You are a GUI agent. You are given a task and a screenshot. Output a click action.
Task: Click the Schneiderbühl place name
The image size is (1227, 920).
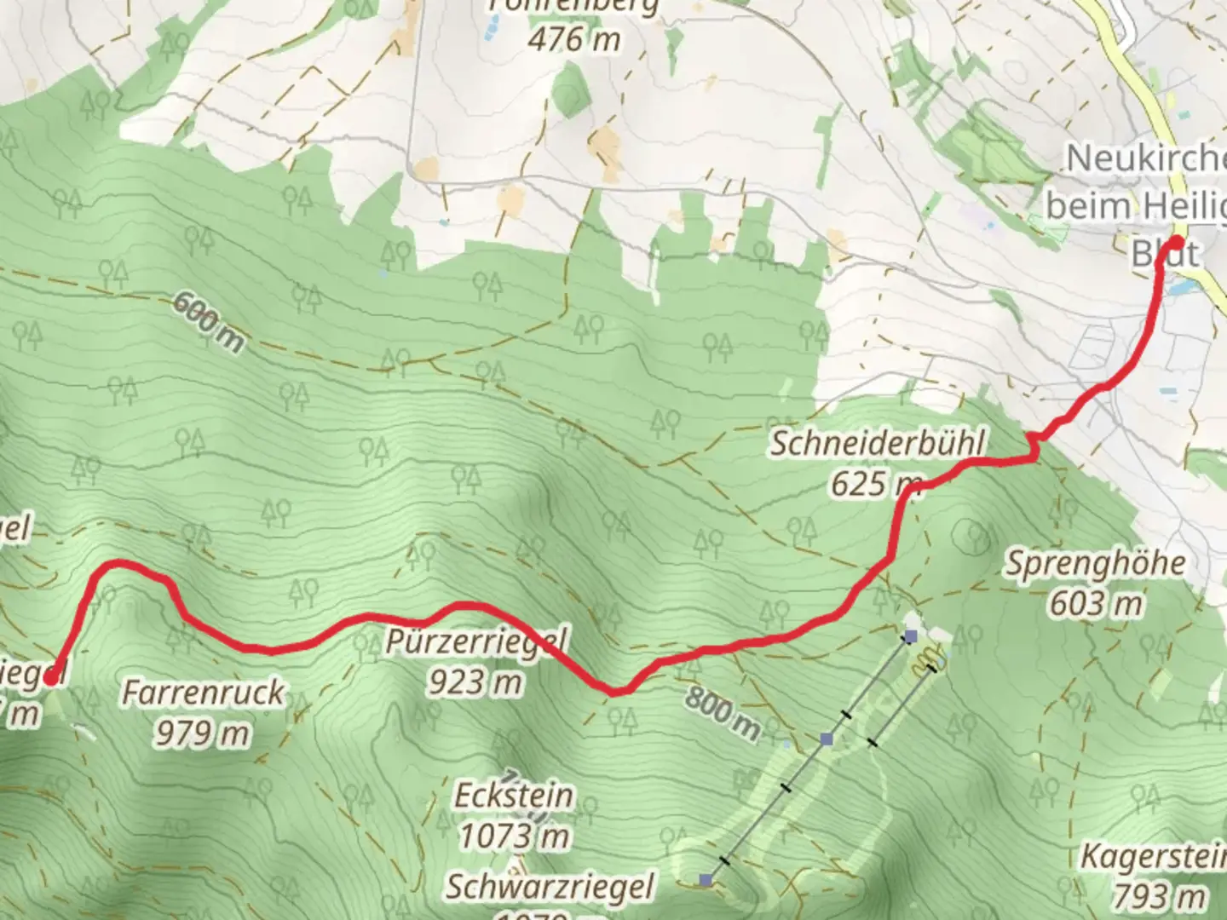[x=878, y=443]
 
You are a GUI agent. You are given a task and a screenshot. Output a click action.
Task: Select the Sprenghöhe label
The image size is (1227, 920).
[x=1096, y=563]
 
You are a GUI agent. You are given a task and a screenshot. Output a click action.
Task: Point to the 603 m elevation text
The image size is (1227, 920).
[x=1095, y=604]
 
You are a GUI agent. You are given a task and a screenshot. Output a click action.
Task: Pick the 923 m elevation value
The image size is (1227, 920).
[x=475, y=681]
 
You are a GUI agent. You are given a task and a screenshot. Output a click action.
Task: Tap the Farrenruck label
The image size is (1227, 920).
[x=203, y=692]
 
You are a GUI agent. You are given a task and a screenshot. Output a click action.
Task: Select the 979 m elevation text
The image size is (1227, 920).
[x=202, y=733]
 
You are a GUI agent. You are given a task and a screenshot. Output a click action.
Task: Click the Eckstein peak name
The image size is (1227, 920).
[x=513, y=796]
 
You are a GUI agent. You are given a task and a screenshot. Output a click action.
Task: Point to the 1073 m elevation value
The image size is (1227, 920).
[x=515, y=837]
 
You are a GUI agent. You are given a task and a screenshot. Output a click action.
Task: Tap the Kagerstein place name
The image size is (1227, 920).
[x=1154, y=856]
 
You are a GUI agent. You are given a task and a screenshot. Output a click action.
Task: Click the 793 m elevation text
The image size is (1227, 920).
[x=1159, y=895]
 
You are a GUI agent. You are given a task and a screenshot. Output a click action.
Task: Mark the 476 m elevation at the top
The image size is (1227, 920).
[x=574, y=39]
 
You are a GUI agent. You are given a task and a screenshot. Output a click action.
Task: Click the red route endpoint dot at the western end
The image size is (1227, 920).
[x=51, y=678]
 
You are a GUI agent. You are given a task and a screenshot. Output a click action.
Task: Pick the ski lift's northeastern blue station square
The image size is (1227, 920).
[x=911, y=635]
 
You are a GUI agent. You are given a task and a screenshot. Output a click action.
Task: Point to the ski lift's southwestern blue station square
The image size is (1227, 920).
[x=706, y=879]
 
